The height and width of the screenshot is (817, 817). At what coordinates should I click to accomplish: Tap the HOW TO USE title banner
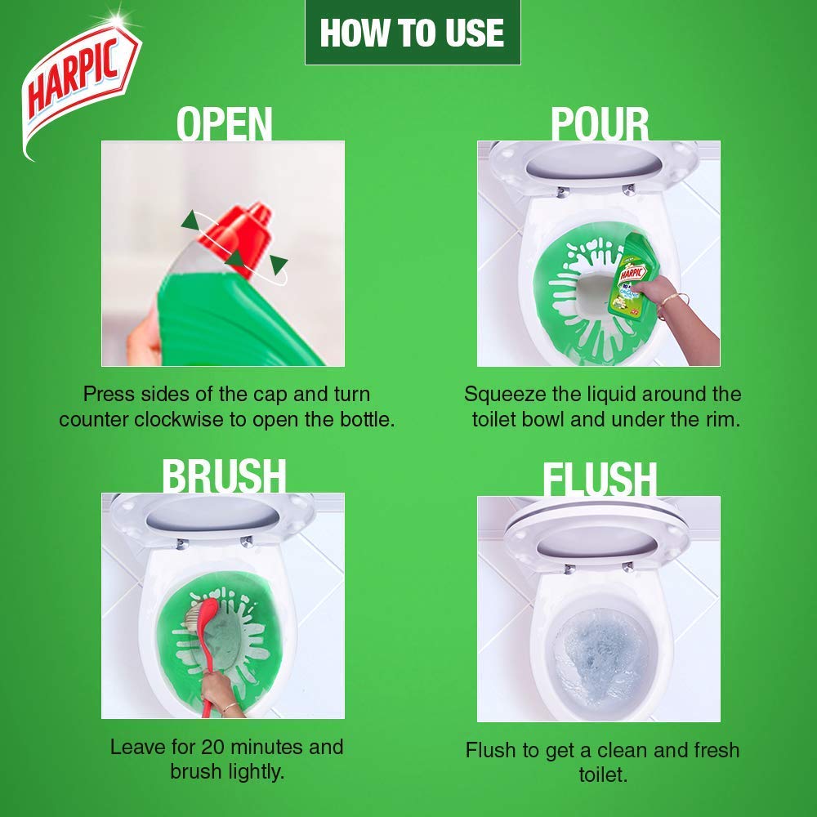point(412,33)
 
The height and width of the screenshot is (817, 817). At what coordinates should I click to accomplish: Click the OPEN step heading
point(224,123)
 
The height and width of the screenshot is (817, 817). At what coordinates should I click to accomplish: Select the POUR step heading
point(600,123)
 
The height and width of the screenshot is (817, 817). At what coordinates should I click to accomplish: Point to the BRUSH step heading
point(224,475)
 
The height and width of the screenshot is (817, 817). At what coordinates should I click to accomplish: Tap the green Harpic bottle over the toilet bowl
point(633,275)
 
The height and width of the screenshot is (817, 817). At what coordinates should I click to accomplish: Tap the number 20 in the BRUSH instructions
point(212,748)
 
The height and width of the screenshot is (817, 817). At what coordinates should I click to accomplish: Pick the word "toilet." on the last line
point(603,775)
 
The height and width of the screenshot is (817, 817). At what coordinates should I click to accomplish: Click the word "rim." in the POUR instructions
point(723,420)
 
